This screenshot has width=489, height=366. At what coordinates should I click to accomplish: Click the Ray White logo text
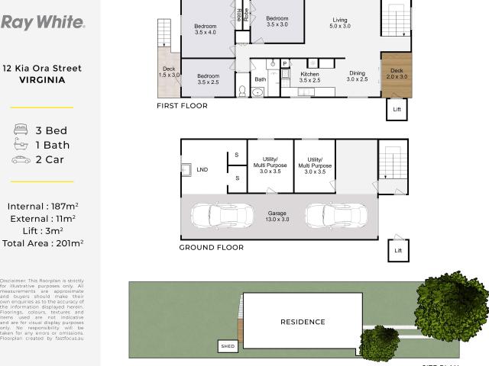pos(43,21)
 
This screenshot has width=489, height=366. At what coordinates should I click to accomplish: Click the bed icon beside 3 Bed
pos(20,130)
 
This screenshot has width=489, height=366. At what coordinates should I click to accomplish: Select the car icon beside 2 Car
pos(20,159)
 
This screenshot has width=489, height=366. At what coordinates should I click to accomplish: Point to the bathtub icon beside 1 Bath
pos(20,145)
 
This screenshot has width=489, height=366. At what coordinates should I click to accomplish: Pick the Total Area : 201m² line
pos(43,243)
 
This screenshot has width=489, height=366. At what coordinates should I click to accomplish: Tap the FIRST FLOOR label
pos(182,106)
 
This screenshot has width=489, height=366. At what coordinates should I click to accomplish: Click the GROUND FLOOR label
pos(211,247)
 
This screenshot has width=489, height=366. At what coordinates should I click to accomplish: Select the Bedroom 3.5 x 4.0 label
pos(206,29)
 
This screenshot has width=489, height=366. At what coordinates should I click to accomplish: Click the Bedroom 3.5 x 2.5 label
pos(209,79)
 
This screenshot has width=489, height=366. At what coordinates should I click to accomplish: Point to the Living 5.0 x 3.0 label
pos(339,23)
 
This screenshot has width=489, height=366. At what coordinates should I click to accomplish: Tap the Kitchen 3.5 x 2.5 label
pos(309,77)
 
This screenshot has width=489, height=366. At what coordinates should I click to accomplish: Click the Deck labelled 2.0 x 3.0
pos(397,74)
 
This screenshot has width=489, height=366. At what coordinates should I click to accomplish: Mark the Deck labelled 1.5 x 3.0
pos(169,72)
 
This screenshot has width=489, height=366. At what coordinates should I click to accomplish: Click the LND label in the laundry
pos(202,169)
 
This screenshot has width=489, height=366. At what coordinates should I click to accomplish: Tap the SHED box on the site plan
pos(228,346)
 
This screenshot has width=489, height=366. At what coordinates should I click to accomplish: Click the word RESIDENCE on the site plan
pos(303,322)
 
